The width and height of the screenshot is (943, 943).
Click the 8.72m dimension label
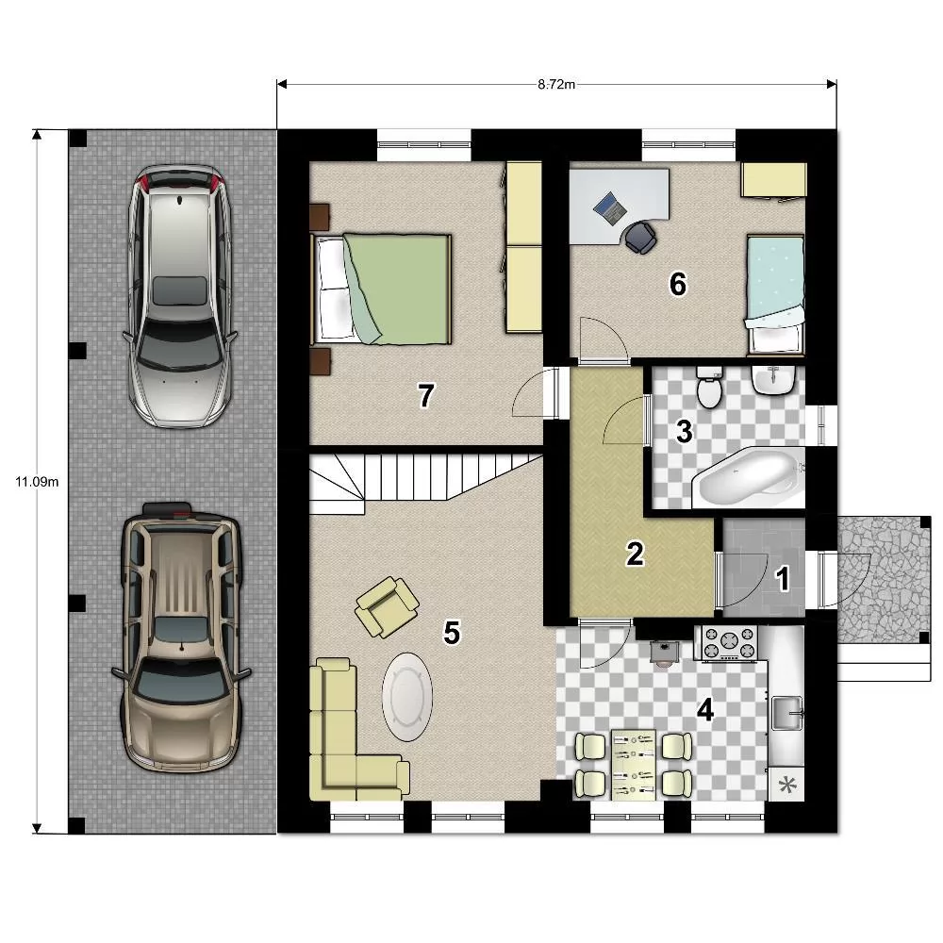click(555, 84)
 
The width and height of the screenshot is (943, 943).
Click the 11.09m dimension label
click(37, 482)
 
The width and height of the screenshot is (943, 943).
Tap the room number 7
click(426, 396)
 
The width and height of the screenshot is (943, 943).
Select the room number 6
click(678, 284)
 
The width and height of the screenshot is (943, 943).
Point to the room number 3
click(684, 431)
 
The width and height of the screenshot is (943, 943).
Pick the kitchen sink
click(787, 713)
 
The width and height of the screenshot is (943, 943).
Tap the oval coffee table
click(407, 697)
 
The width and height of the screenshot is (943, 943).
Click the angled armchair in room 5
click(387, 606)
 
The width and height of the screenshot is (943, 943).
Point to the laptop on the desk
click(610, 208)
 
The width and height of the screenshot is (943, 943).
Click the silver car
click(179, 296)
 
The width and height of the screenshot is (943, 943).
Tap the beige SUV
click(180, 637)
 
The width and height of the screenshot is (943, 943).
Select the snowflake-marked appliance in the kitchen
click(786, 785)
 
